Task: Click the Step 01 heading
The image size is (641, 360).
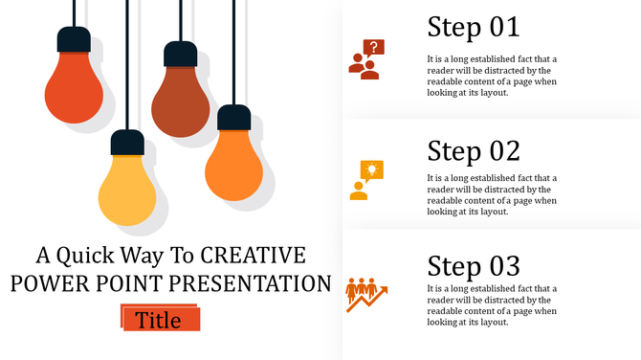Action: (473, 27)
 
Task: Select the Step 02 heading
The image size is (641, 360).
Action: (473, 151)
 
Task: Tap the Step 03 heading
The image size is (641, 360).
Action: (473, 266)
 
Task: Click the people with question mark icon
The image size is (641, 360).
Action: (365, 59)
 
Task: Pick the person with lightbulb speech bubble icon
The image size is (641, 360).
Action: (365, 180)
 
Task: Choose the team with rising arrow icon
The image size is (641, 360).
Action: (365, 295)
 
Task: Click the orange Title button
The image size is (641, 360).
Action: (160, 320)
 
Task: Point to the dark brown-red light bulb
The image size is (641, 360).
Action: (180, 101)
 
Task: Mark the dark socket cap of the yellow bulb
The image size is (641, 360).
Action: (127, 143)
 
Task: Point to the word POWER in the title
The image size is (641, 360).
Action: (47, 284)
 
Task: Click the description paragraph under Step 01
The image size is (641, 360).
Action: (491, 76)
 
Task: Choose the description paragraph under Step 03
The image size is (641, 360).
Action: (491, 305)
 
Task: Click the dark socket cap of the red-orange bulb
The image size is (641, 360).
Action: (74, 39)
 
